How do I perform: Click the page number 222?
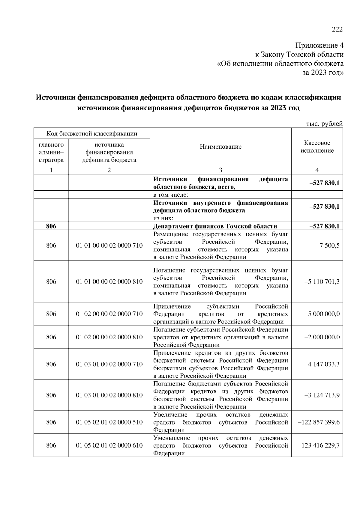coord(337,29)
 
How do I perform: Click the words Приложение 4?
coord(319,46)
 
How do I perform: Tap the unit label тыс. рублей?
coord(324,124)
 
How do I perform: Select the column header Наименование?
coord(220,147)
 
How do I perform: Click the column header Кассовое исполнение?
coord(317,147)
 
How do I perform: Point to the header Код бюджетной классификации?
coord(92,134)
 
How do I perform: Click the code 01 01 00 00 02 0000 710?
coord(109,246)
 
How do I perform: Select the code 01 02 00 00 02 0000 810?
coord(109,337)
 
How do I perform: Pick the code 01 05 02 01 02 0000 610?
coord(109,445)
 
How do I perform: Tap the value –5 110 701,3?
coord(322,282)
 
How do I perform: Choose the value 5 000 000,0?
coord(324,314)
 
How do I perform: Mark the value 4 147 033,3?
coord(324,365)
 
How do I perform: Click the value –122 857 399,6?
coord(319,422)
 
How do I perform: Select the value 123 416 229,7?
coord(320,445)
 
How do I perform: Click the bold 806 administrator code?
coord(51,226)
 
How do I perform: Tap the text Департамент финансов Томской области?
coord(215,226)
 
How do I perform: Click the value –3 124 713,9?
coord(322,395)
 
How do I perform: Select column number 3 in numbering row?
coord(220,170)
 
